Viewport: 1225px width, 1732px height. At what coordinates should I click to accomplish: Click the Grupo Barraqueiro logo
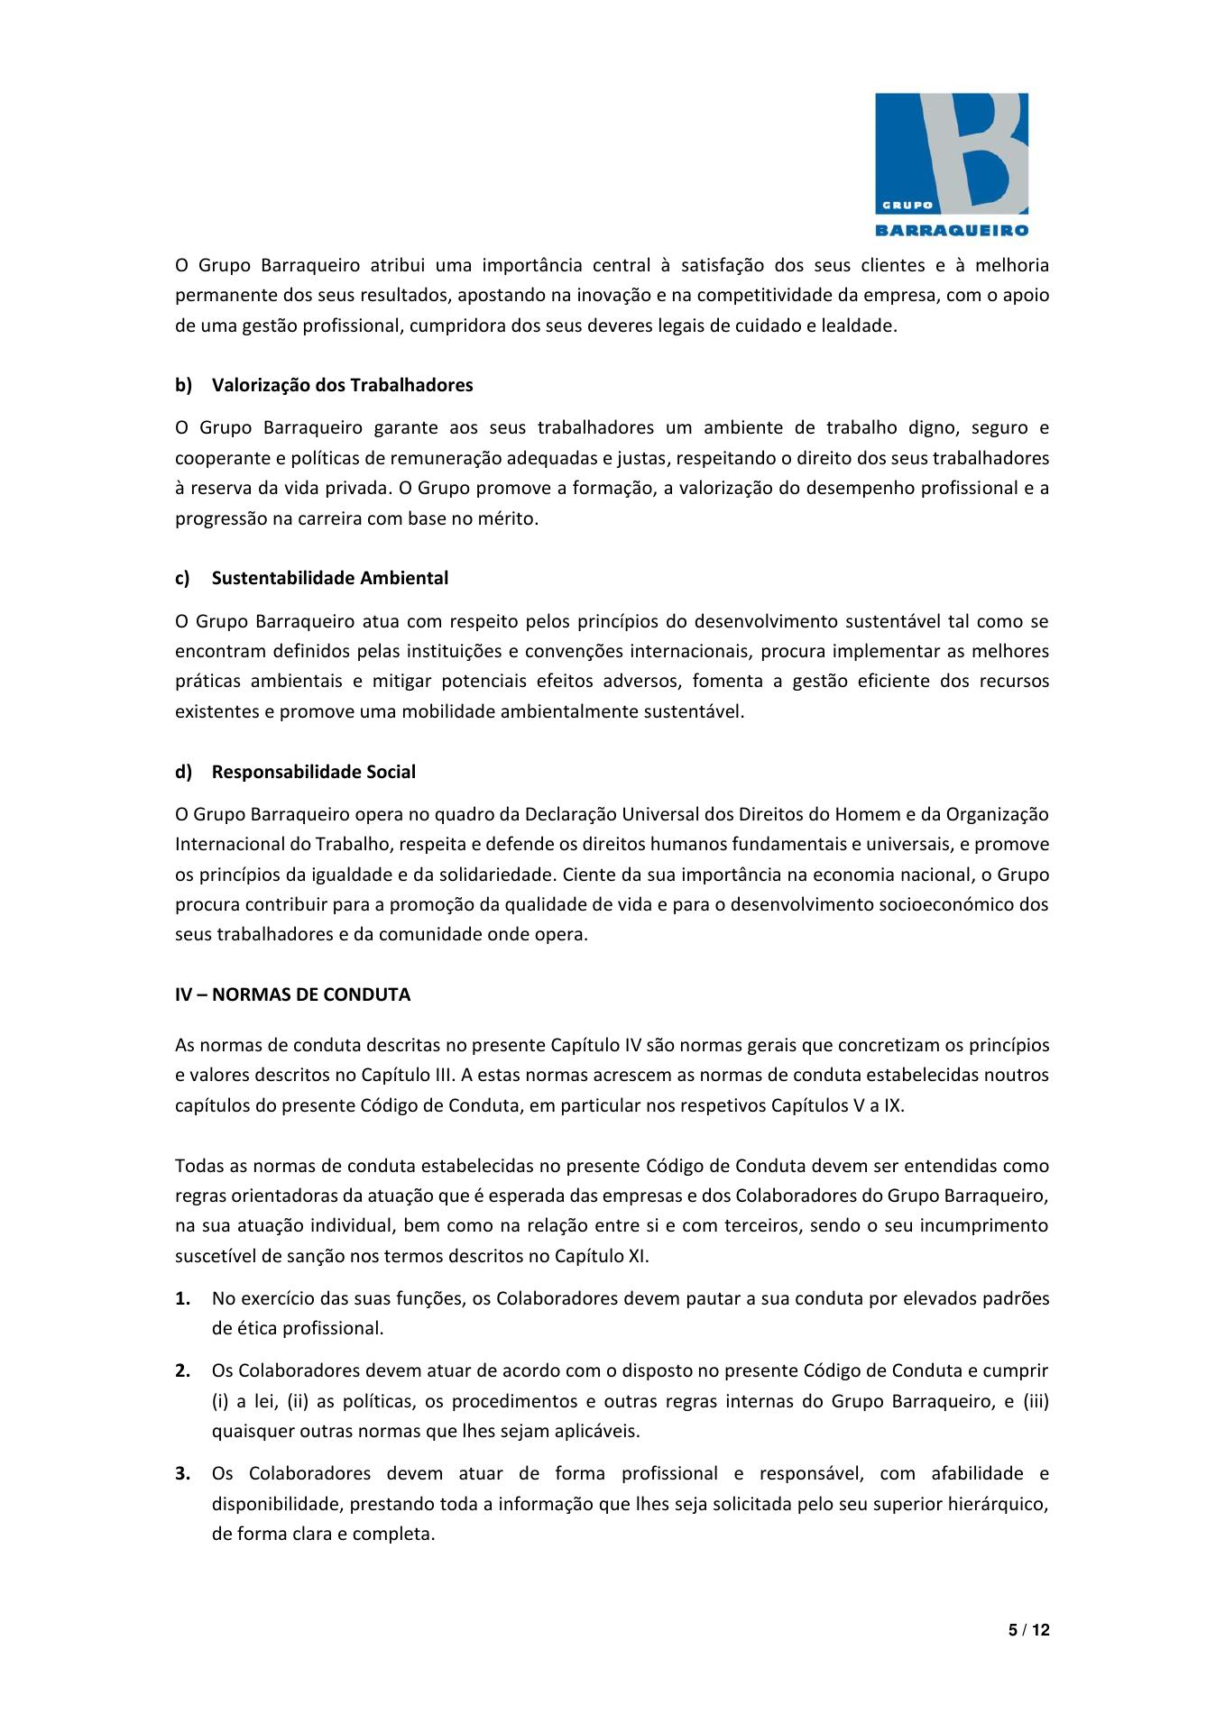(952, 164)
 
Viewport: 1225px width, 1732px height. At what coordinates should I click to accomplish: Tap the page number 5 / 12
(1028, 1629)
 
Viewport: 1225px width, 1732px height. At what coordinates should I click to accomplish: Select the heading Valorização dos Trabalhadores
(342, 385)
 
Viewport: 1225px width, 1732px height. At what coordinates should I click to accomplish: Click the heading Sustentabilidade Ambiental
(329, 578)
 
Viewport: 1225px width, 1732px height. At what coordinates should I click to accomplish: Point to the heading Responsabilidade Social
(313, 772)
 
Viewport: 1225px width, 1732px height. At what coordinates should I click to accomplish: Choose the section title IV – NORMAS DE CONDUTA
(292, 994)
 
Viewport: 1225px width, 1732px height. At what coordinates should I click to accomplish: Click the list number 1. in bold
(182, 1298)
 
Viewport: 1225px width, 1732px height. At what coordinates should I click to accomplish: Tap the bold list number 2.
(182, 1370)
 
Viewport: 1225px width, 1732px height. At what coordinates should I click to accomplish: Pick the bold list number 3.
(182, 1473)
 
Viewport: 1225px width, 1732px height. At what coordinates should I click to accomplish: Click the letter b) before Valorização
(183, 385)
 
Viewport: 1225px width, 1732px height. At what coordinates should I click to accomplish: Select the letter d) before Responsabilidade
(183, 772)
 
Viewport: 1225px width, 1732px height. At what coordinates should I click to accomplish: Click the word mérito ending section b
(511, 518)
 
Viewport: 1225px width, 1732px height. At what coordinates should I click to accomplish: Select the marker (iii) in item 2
(1036, 1400)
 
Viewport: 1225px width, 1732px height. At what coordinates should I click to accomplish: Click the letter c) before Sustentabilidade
(182, 578)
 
